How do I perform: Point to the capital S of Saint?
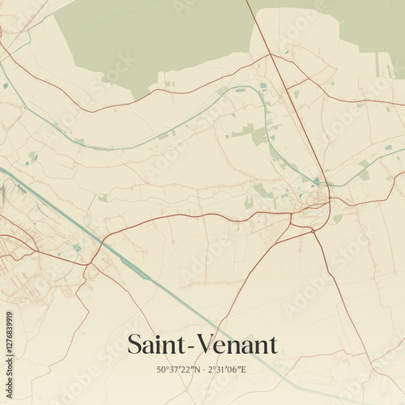pos(134,345)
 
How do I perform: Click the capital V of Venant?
pos(203,345)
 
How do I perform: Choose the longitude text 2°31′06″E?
pos(226,369)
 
